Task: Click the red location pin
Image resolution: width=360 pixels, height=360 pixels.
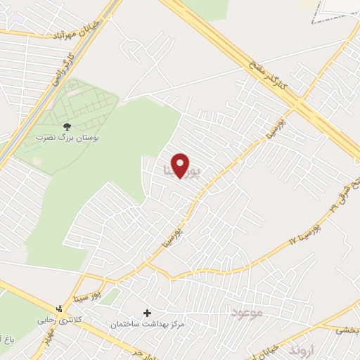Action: (x=181, y=165)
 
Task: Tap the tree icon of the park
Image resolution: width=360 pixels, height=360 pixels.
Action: (x=66, y=127)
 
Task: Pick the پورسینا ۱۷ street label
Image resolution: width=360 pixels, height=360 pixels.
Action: (x=304, y=232)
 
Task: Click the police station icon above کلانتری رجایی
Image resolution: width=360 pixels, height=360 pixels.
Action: (x=59, y=308)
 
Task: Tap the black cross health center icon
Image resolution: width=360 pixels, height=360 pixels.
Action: (x=147, y=313)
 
